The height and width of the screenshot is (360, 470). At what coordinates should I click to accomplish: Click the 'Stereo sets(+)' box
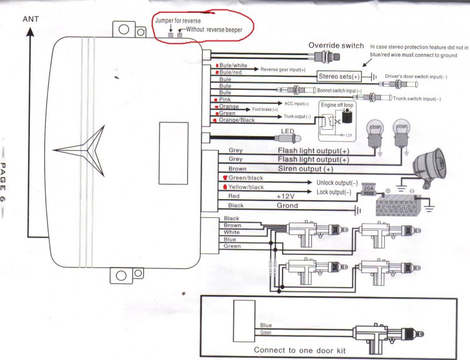coord(340,76)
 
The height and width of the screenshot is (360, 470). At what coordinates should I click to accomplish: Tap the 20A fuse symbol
coord(368,189)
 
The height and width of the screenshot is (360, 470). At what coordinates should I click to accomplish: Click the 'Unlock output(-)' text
coord(337,183)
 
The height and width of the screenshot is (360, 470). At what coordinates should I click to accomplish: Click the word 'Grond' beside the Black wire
coord(287,206)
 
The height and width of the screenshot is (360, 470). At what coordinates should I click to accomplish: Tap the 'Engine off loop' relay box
coord(335,120)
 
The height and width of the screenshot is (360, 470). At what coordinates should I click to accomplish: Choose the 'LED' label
coord(287,131)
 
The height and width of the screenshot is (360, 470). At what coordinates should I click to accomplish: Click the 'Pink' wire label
coord(224,100)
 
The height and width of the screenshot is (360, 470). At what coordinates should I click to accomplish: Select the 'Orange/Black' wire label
coord(236,120)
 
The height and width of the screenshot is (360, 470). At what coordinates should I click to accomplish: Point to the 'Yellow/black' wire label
coord(247,187)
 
